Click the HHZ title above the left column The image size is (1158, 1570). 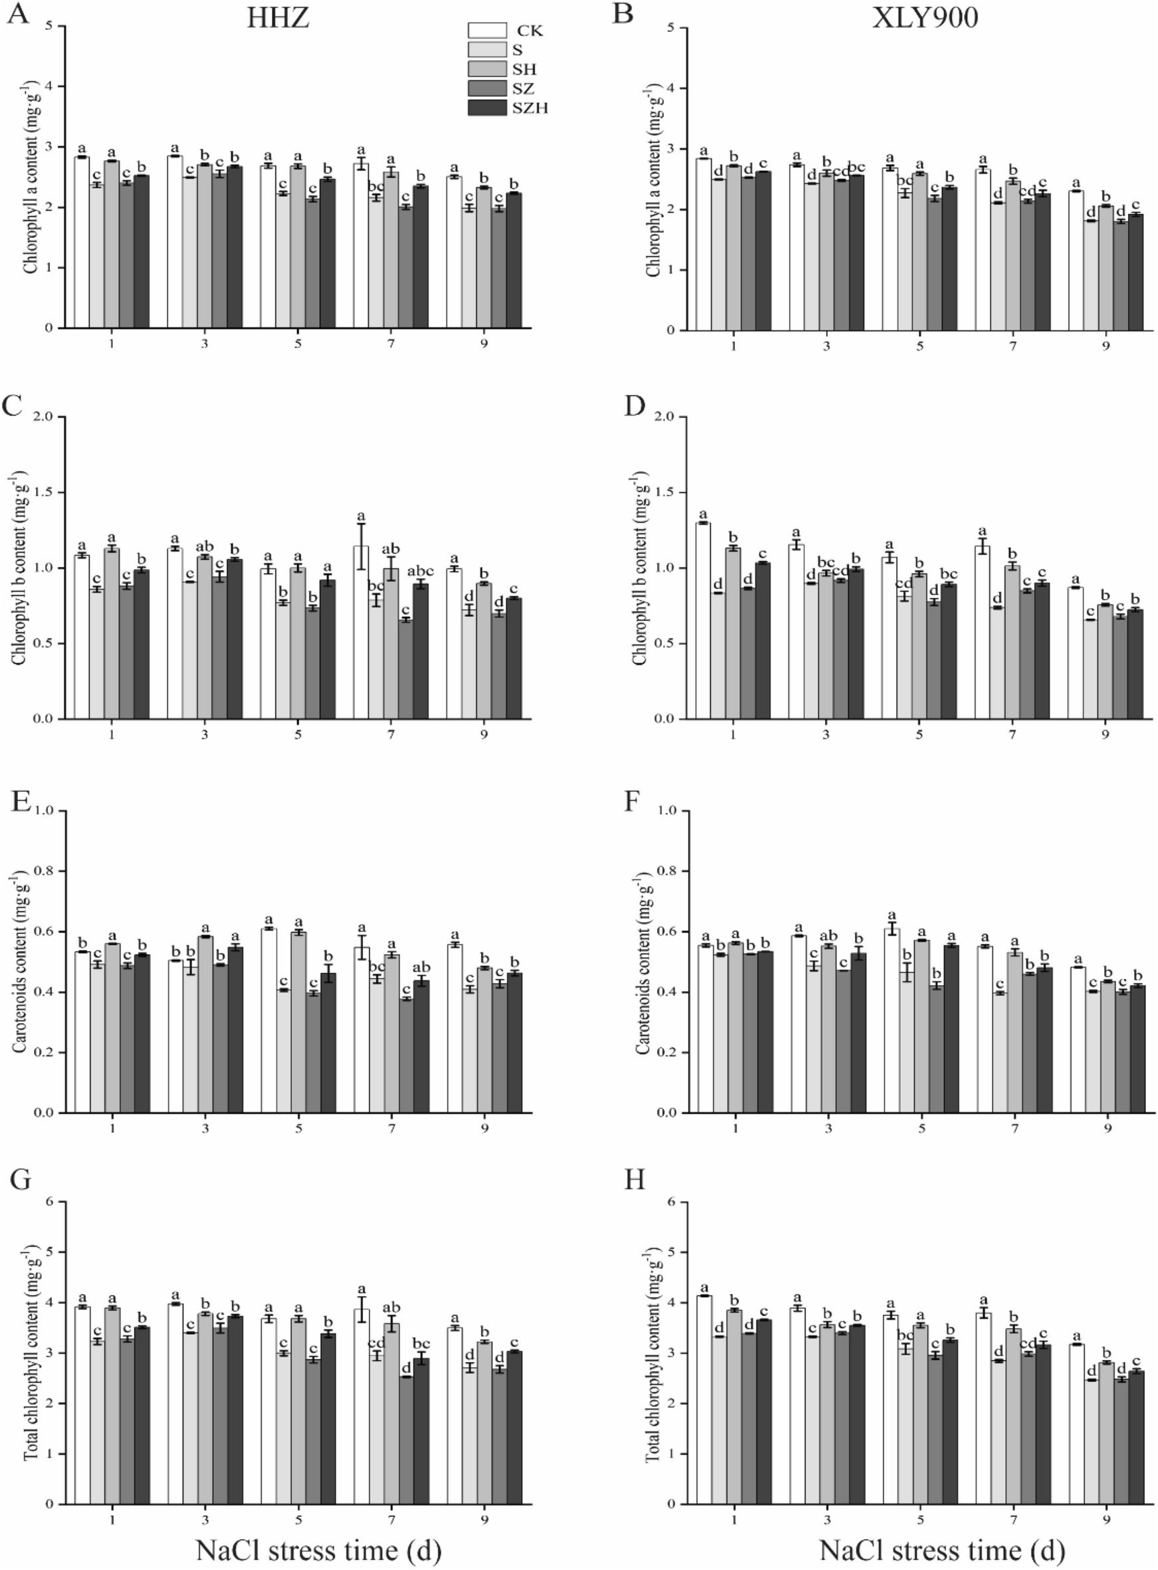point(278,18)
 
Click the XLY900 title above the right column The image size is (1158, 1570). point(925,18)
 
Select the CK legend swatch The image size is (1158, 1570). point(487,30)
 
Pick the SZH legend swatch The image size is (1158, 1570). point(487,107)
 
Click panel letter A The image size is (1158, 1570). point(17,15)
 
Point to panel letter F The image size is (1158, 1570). point(633,801)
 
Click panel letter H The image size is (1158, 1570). point(635,1181)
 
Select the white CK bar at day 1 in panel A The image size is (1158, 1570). point(82,242)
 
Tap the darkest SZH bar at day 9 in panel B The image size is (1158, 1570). point(1135,272)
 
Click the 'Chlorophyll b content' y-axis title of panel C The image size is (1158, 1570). point(21,568)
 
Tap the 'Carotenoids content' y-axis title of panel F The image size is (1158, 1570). point(643,962)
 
